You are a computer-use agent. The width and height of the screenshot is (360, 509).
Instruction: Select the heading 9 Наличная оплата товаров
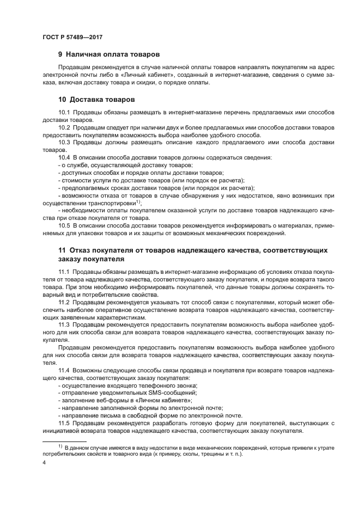pos(109,54)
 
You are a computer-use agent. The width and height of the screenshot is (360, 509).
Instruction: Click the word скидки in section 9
pos(160,83)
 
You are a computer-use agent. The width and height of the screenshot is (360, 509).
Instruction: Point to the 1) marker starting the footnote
pos(62,446)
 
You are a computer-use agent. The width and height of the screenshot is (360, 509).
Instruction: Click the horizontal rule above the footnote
pos(64,441)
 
